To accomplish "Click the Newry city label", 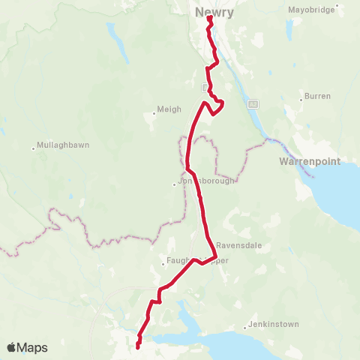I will [x=214, y=12].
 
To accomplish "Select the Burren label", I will [x=314, y=97].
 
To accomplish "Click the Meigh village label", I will [x=169, y=109].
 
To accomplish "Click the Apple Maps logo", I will [x=26, y=347].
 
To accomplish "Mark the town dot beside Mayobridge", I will [x=338, y=10].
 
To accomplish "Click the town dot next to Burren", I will [x=301, y=97].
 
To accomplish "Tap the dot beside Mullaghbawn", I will [x=34, y=147].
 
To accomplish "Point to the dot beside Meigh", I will [x=154, y=112].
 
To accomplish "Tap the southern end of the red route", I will [x=139, y=346].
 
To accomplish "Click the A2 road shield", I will [x=253, y=103].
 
